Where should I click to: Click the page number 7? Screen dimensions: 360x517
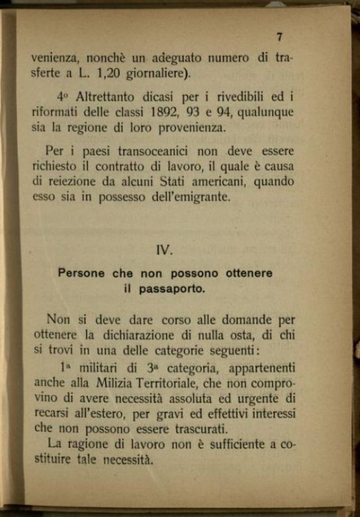click(x=279, y=37)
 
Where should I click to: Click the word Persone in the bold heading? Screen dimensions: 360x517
click(x=81, y=273)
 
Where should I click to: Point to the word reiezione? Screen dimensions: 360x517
click(x=74, y=181)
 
